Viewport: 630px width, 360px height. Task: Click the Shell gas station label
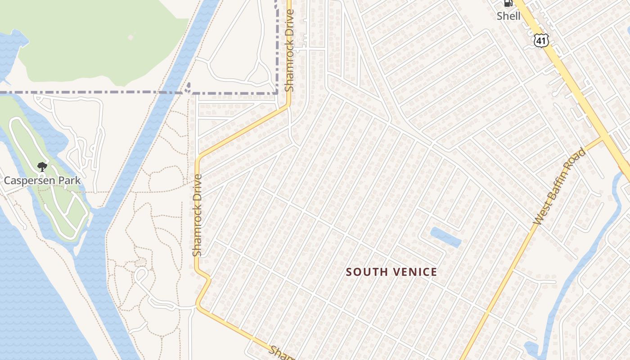(x=508, y=16)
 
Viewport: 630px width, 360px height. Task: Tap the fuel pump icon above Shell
(x=508, y=4)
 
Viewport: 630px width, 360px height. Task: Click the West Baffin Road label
(x=560, y=186)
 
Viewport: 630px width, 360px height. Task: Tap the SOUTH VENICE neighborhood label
(x=391, y=272)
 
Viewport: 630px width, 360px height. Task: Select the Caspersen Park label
(x=42, y=180)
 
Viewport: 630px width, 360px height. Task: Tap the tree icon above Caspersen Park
(x=42, y=167)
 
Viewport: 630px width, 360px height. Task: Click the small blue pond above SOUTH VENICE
(x=445, y=237)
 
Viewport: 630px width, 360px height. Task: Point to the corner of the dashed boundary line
(x=276, y=94)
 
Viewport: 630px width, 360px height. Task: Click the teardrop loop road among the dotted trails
(x=141, y=274)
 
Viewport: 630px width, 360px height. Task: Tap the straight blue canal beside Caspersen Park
(x=135, y=148)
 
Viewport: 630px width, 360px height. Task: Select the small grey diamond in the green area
(x=130, y=37)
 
